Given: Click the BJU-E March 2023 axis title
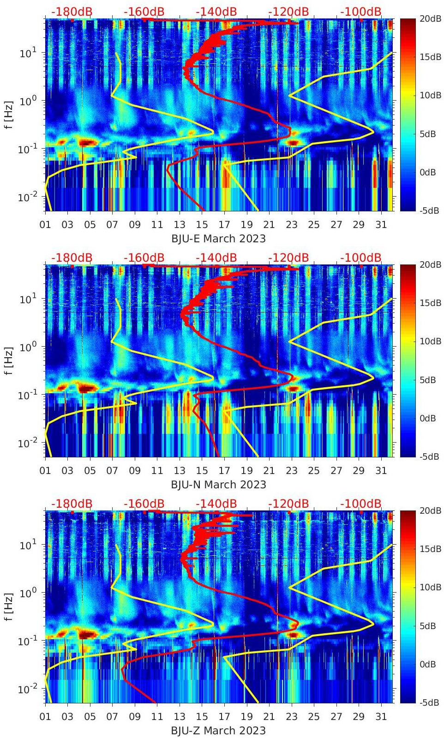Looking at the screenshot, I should tap(218, 239).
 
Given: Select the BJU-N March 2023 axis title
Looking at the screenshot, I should tap(218, 485).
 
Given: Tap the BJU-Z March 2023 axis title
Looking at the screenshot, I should tap(218, 731).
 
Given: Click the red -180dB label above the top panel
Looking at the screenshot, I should tap(72, 12).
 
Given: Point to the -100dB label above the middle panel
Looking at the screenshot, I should tap(361, 258).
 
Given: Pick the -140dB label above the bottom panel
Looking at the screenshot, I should tap(216, 504).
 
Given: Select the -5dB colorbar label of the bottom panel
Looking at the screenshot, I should tap(430, 702).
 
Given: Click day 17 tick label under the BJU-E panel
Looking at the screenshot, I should tap(224, 225).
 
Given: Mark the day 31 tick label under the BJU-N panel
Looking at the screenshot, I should tap(381, 471).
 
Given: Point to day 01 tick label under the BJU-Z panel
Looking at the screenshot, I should tap(45, 717).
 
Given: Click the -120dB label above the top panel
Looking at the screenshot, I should tap(288, 12).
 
